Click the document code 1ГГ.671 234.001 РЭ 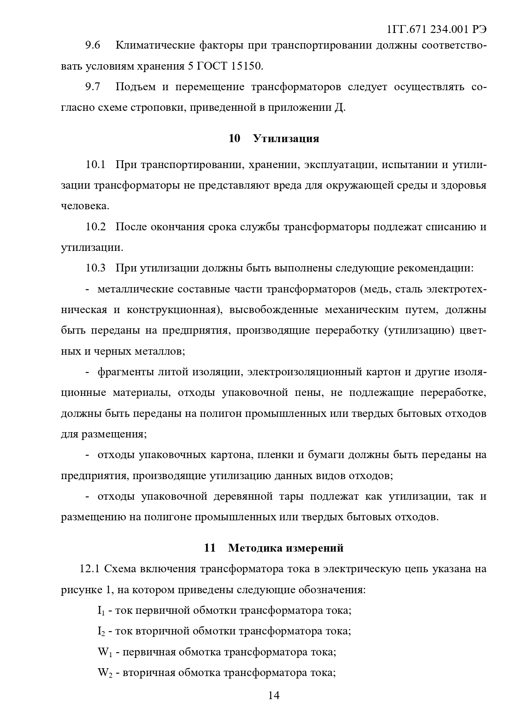437,30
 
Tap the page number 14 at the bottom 274,695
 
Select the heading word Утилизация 286,138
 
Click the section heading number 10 234,138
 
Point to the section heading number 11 210,548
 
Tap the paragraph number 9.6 93,45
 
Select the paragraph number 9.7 93,87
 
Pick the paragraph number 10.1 96,165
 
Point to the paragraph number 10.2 96,227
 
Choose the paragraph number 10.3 96,268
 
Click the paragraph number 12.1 89,569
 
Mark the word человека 85,206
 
